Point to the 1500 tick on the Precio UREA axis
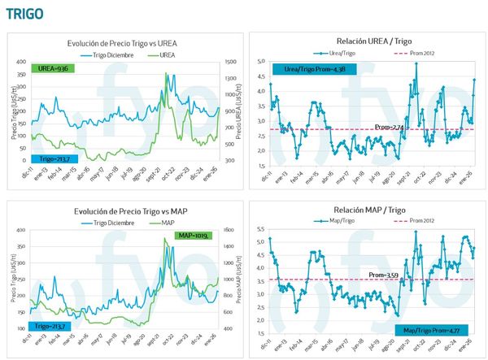click(x=229, y=62)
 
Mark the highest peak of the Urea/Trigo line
click(x=416, y=63)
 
